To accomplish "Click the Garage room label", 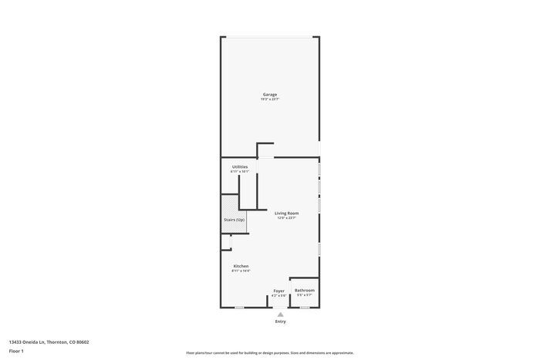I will [269, 95].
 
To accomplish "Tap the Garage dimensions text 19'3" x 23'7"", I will [269, 99].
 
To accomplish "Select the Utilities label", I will [240, 167].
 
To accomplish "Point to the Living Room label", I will [287, 213].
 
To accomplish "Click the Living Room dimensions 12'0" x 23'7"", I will [287, 218].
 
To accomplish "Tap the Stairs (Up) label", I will [235, 220].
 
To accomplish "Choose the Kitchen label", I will [241, 266].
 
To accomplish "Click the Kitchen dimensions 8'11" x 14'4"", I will [241, 271].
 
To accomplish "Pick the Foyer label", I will [278, 291].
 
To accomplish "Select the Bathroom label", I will [305, 290].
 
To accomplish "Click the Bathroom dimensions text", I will [305, 295].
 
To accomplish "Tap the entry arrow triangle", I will [281, 315].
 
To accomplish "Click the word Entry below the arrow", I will [281, 321].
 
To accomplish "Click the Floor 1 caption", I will [16, 352].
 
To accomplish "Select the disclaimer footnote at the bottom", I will [269, 352].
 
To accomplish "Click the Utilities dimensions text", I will [240, 171].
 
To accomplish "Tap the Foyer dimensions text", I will [278, 295].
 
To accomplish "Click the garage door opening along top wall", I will [269, 36].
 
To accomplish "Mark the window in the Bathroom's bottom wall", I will [305, 308].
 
